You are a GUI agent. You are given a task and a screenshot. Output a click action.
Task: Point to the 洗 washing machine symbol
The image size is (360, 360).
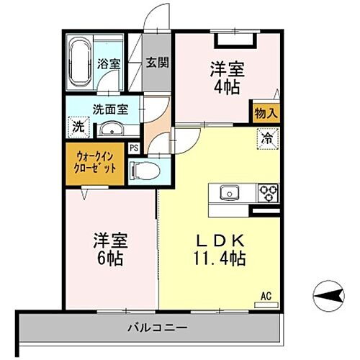pyautogui.click(x=78, y=127)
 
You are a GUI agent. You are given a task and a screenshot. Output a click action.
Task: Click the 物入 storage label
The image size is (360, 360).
pyautogui.click(x=264, y=113)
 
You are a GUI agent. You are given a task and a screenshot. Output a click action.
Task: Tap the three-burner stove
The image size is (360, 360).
pyautogui.click(x=268, y=192)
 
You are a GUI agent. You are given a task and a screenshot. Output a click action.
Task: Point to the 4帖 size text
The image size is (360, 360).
pyautogui.click(x=227, y=86)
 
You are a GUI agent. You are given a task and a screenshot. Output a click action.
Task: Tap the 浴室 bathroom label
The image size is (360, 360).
pyautogui.click(x=108, y=63)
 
